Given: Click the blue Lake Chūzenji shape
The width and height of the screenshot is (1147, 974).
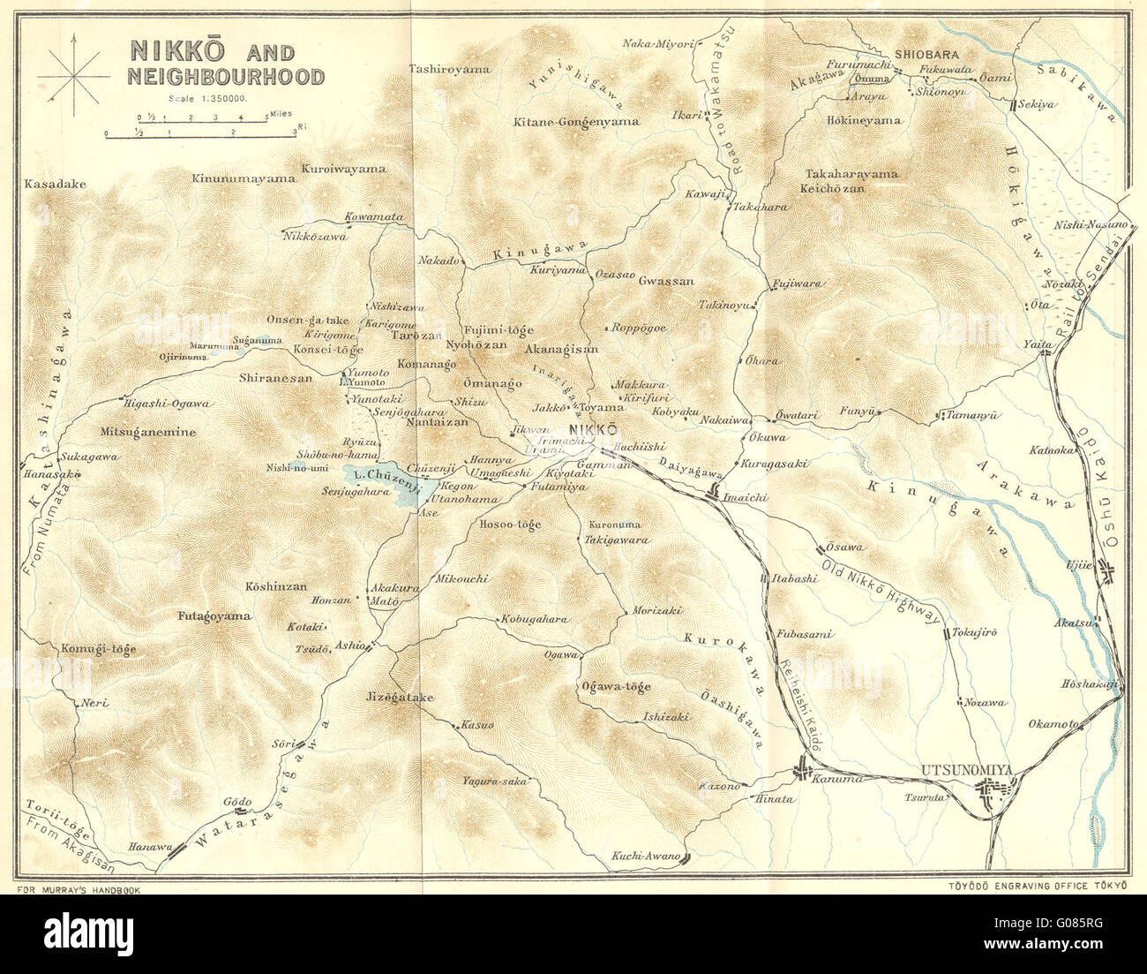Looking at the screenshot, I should pos(387,481).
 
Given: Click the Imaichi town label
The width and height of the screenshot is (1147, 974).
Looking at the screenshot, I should pos(740,498).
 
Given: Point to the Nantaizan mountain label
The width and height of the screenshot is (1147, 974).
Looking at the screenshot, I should pos(411,424).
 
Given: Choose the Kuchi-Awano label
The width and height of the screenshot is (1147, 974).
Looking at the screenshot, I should pos(646,857).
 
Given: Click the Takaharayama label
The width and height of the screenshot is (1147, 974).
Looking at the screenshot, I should pos(851,174).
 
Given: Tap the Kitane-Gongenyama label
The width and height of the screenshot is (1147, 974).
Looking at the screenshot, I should pos(575,122).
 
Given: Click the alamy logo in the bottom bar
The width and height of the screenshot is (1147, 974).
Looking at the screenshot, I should pos(89,932).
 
